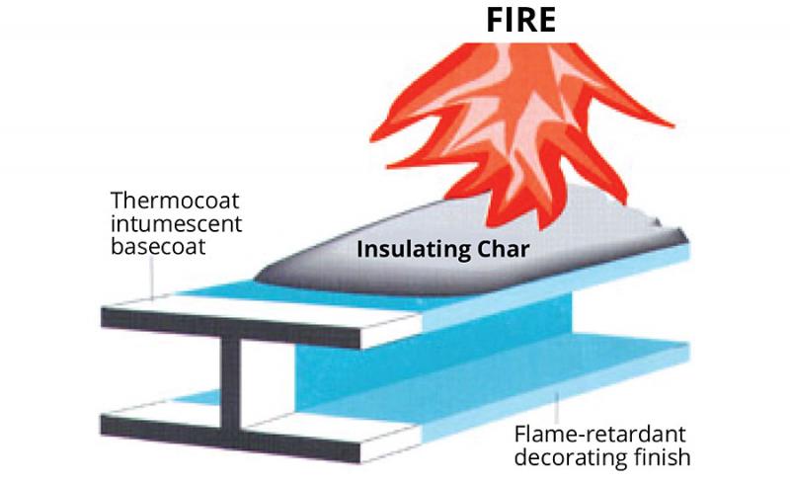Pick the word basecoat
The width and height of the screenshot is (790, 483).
(x=153, y=245)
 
